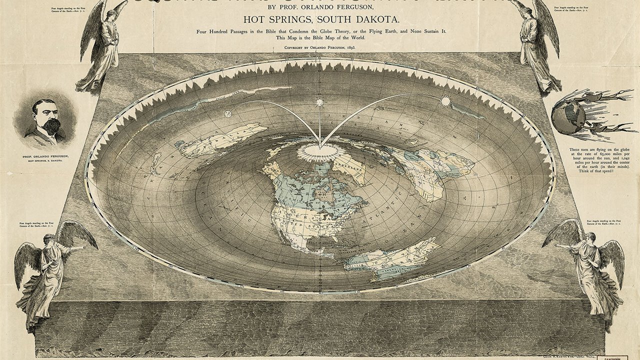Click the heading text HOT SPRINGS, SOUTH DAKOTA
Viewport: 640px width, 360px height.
tap(319, 20)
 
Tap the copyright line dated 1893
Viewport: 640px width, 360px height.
tap(319, 48)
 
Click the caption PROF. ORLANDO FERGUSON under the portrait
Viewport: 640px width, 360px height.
tap(45, 156)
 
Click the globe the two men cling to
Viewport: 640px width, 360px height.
tap(568, 115)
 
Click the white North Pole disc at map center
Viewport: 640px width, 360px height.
tap(320, 148)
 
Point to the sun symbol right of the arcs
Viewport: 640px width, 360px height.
tap(445, 101)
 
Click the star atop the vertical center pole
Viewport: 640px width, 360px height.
tap(319, 102)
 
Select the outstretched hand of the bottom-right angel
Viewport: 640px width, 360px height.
tap(557, 246)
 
